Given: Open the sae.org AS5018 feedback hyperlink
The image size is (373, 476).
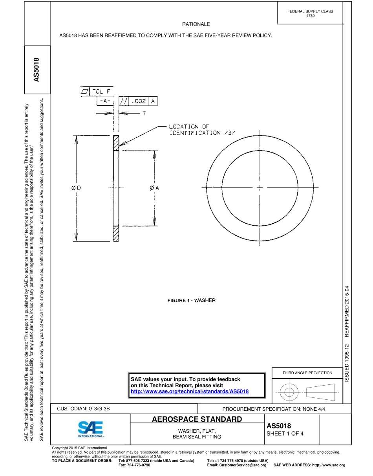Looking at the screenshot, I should pyautogui.click(x=190, y=391).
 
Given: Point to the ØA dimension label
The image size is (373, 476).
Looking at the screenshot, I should pyautogui.click(x=154, y=188).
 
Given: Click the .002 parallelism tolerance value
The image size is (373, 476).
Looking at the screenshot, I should pyautogui.click(x=139, y=101).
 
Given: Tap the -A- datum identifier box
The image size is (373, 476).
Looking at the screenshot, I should pyautogui.click(x=104, y=101).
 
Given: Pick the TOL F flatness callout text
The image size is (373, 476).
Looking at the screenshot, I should pyautogui.click(x=101, y=92).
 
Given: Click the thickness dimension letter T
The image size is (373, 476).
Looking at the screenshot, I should pyautogui.click(x=144, y=113).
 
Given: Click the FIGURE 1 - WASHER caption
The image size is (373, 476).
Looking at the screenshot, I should pyautogui.click(x=192, y=300).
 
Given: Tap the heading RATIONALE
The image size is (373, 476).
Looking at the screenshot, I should pyautogui.click(x=196, y=24).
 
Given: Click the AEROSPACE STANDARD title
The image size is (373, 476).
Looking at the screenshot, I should pyautogui.click(x=197, y=419).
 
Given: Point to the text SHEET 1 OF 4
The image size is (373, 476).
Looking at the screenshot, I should pyautogui.click(x=285, y=434).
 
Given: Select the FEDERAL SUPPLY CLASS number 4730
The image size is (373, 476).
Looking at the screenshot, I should pyautogui.click(x=310, y=16).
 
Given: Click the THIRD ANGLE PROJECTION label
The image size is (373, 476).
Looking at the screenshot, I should pyautogui.click(x=307, y=373).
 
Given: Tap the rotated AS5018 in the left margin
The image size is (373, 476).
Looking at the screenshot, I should pyautogui.click(x=37, y=70).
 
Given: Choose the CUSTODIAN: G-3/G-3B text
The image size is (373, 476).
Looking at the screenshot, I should pyautogui.click(x=84, y=409).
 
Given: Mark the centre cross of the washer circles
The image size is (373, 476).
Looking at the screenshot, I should pyautogui.click(x=259, y=188).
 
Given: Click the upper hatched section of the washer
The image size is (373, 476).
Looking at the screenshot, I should pyautogui.click(x=115, y=143).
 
